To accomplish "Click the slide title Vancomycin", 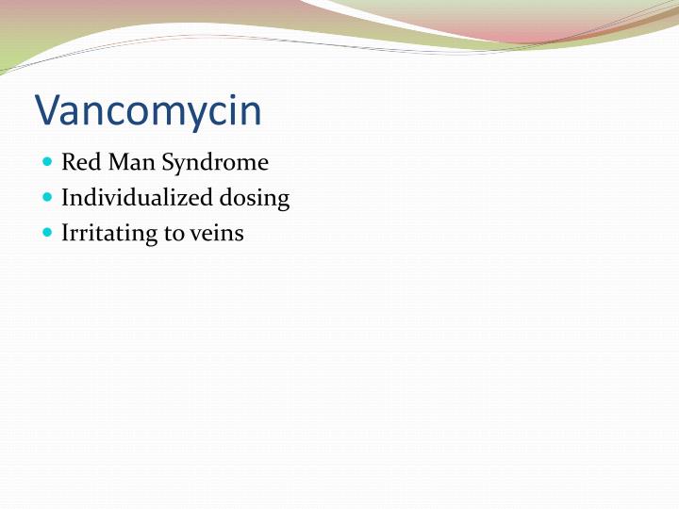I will tap(148, 110).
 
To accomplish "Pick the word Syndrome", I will tap(215, 164).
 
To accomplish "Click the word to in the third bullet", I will tap(173, 234).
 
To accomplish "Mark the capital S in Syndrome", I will tap(167, 163).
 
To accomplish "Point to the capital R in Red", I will tap(69, 163).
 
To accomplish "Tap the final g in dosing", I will tap(283, 202).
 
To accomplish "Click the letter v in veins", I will tap(194, 235).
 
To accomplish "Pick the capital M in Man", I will tap(116, 163).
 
